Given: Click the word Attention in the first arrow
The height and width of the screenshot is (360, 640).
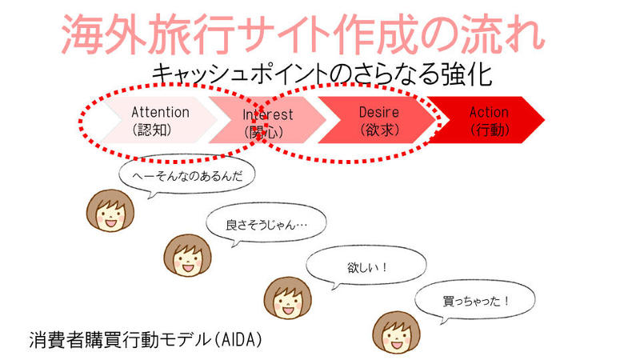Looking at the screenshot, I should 160,113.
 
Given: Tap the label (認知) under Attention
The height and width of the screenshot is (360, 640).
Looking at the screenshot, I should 151,128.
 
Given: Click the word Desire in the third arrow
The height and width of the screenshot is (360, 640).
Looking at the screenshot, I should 379,113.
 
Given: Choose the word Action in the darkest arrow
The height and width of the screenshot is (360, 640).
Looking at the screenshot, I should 489,113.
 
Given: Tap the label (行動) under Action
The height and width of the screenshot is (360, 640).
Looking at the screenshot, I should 489,129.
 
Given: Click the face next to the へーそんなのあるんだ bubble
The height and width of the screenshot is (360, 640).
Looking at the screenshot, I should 110,210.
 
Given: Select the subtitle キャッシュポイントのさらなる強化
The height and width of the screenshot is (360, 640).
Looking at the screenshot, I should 320,74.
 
